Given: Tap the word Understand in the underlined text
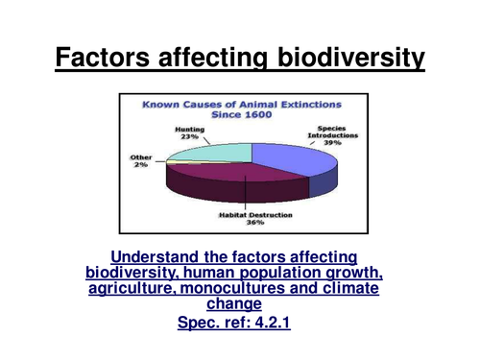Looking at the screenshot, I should pos(156,256).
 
